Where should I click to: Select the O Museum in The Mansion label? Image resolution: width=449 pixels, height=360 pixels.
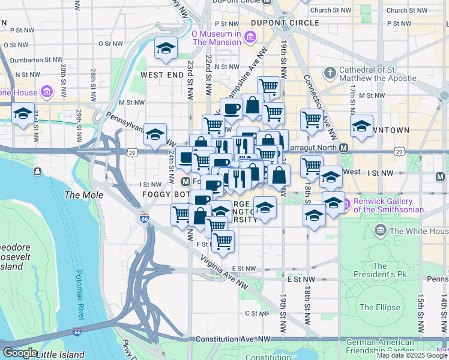216,38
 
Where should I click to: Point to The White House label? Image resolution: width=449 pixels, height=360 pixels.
418,231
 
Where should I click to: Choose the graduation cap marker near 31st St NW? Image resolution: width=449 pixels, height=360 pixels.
23,113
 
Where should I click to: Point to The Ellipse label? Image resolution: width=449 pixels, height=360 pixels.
379,307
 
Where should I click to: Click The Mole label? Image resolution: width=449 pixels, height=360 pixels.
80,195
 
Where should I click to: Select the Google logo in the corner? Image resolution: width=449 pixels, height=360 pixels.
19,353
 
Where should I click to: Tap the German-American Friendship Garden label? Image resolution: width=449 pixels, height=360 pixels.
380,346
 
